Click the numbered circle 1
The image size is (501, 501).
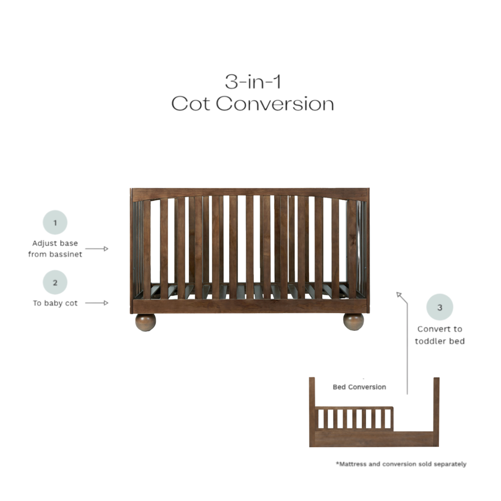tap(55, 223)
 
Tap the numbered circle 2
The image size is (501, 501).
tap(55, 283)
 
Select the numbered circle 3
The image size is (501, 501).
tap(440, 307)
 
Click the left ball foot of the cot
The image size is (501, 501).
tap(145, 322)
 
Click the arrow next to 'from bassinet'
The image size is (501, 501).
tap(97, 249)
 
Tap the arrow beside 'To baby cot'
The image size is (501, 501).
tap(97, 303)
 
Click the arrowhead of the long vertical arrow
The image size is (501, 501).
tap(399, 295)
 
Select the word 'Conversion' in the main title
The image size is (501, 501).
tap(275, 104)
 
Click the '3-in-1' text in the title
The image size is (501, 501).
tap(253, 81)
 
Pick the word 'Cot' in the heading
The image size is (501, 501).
tap(190, 104)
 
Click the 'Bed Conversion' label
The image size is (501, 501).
tap(359, 387)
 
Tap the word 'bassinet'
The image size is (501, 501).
tap(66, 254)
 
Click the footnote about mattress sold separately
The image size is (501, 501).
tap(401, 464)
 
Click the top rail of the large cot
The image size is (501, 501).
tap(250, 193)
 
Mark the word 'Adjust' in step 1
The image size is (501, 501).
tap(43, 243)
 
